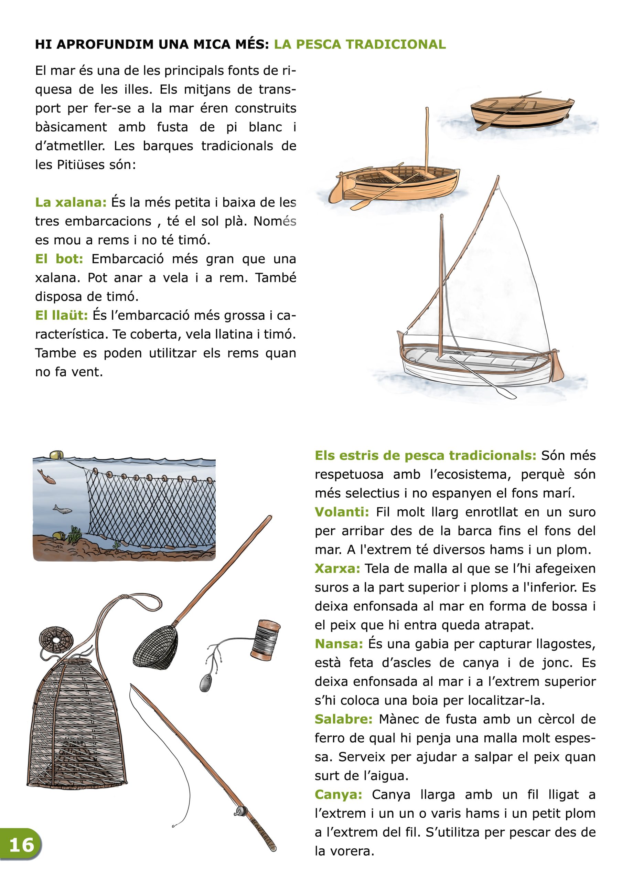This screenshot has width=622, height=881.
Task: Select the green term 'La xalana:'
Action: point(71,202)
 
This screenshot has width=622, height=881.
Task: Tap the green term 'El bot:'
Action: point(59,259)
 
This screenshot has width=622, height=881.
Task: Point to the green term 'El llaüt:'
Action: point(61,316)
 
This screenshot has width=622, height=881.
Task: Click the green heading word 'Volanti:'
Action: point(342,512)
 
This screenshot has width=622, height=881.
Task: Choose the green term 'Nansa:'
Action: point(339,644)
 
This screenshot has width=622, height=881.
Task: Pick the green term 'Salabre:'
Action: point(343,719)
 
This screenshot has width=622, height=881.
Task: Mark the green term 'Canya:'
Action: point(338,794)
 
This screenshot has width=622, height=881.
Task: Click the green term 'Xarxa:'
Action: point(337,568)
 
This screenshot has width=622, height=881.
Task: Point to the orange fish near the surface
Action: point(47,476)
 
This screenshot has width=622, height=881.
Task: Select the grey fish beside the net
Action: point(62,509)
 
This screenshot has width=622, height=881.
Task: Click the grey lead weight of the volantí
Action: point(205,683)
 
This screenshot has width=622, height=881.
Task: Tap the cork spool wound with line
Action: point(266,640)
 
